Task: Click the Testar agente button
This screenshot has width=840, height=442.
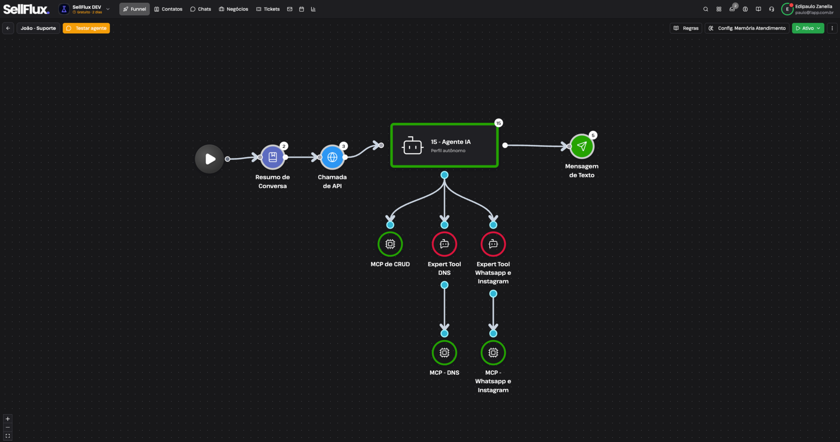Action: coord(86,28)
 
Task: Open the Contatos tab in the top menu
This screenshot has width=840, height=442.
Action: coord(168,9)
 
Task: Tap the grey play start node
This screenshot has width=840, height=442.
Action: coord(210,159)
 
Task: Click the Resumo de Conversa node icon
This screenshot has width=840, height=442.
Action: coord(272,157)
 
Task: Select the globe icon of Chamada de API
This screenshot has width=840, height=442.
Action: coord(332,157)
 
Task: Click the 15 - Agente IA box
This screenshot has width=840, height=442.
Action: coord(444,145)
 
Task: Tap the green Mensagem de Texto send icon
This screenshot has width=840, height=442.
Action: coord(582,146)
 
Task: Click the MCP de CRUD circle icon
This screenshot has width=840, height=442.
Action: coord(390,244)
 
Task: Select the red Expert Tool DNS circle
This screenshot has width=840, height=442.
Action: coord(444,244)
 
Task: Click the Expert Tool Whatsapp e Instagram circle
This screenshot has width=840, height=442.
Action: coord(493,244)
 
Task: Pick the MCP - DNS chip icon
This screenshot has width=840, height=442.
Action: coord(444,352)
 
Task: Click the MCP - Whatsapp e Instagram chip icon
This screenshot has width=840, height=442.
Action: coord(493,352)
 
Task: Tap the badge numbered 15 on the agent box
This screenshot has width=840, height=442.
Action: coord(498,123)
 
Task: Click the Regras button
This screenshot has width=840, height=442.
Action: coord(686,28)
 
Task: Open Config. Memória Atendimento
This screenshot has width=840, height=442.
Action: coord(747,28)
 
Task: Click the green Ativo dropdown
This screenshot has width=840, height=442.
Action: coord(808,28)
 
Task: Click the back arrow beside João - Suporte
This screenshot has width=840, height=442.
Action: coord(8,28)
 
